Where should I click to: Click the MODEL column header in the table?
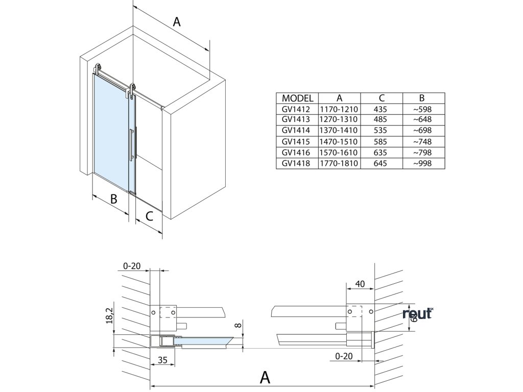click(297, 99)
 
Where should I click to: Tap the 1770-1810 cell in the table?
click(339, 163)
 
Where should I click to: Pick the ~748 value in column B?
click(423, 141)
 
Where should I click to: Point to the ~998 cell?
click(423, 163)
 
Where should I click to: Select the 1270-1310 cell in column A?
click(339, 120)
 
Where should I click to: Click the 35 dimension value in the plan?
click(162, 360)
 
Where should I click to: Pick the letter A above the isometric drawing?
click(177, 21)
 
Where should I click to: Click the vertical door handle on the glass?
click(132, 145)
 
